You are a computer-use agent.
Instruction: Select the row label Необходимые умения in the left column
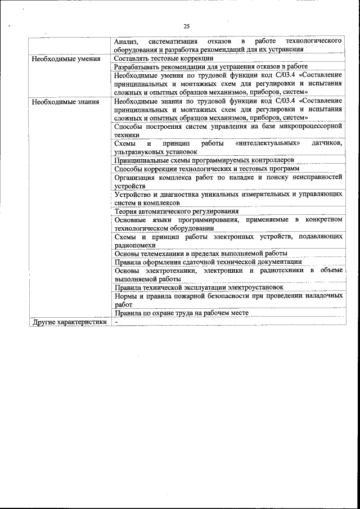point(66,58)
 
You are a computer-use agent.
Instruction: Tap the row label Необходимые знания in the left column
point(65,102)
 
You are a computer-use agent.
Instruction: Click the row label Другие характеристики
point(69,323)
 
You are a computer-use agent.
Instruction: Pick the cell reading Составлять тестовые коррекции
point(163,58)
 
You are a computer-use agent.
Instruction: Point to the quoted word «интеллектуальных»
point(268,144)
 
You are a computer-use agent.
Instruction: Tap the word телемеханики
point(160,253)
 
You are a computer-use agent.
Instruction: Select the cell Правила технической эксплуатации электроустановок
point(199,287)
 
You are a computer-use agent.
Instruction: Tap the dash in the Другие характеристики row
point(116,322)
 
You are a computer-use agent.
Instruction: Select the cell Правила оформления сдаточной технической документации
point(208,262)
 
